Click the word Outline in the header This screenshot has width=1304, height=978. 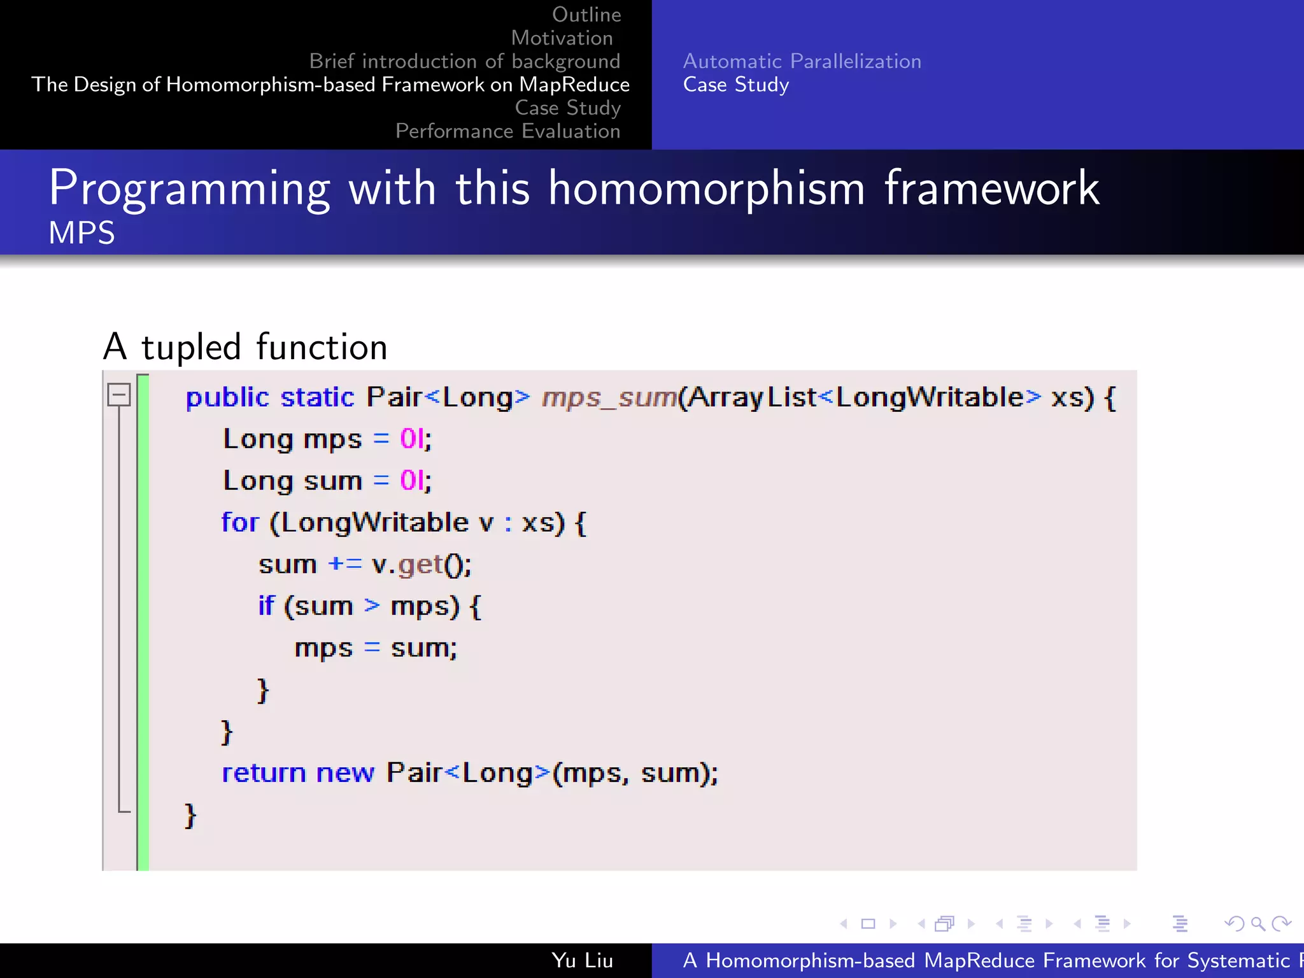tap(586, 15)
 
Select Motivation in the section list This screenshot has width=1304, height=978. tap(562, 38)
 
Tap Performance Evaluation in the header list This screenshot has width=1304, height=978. tap(507, 131)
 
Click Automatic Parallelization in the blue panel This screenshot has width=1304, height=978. tap(802, 61)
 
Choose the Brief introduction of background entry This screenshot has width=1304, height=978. tap(464, 61)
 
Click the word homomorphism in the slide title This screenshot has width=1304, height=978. tap(706, 188)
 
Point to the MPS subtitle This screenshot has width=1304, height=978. tap(81, 233)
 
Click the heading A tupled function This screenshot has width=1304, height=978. tap(245, 347)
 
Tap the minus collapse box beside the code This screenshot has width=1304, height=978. tap(119, 395)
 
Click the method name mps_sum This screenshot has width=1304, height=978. tap(608, 398)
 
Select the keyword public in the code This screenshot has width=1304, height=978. tap(227, 398)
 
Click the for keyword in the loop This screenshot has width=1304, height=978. tap(239, 523)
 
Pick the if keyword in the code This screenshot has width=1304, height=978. tap(266, 606)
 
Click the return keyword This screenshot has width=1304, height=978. tap(264, 773)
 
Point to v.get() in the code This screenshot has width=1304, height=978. tap(421, 565)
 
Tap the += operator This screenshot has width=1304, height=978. tap(344, 564)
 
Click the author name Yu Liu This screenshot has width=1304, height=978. tap(582, 960)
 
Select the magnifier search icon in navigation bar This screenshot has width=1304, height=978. tap(1258, 923)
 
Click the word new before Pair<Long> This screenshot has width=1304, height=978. tap(345, 773)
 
